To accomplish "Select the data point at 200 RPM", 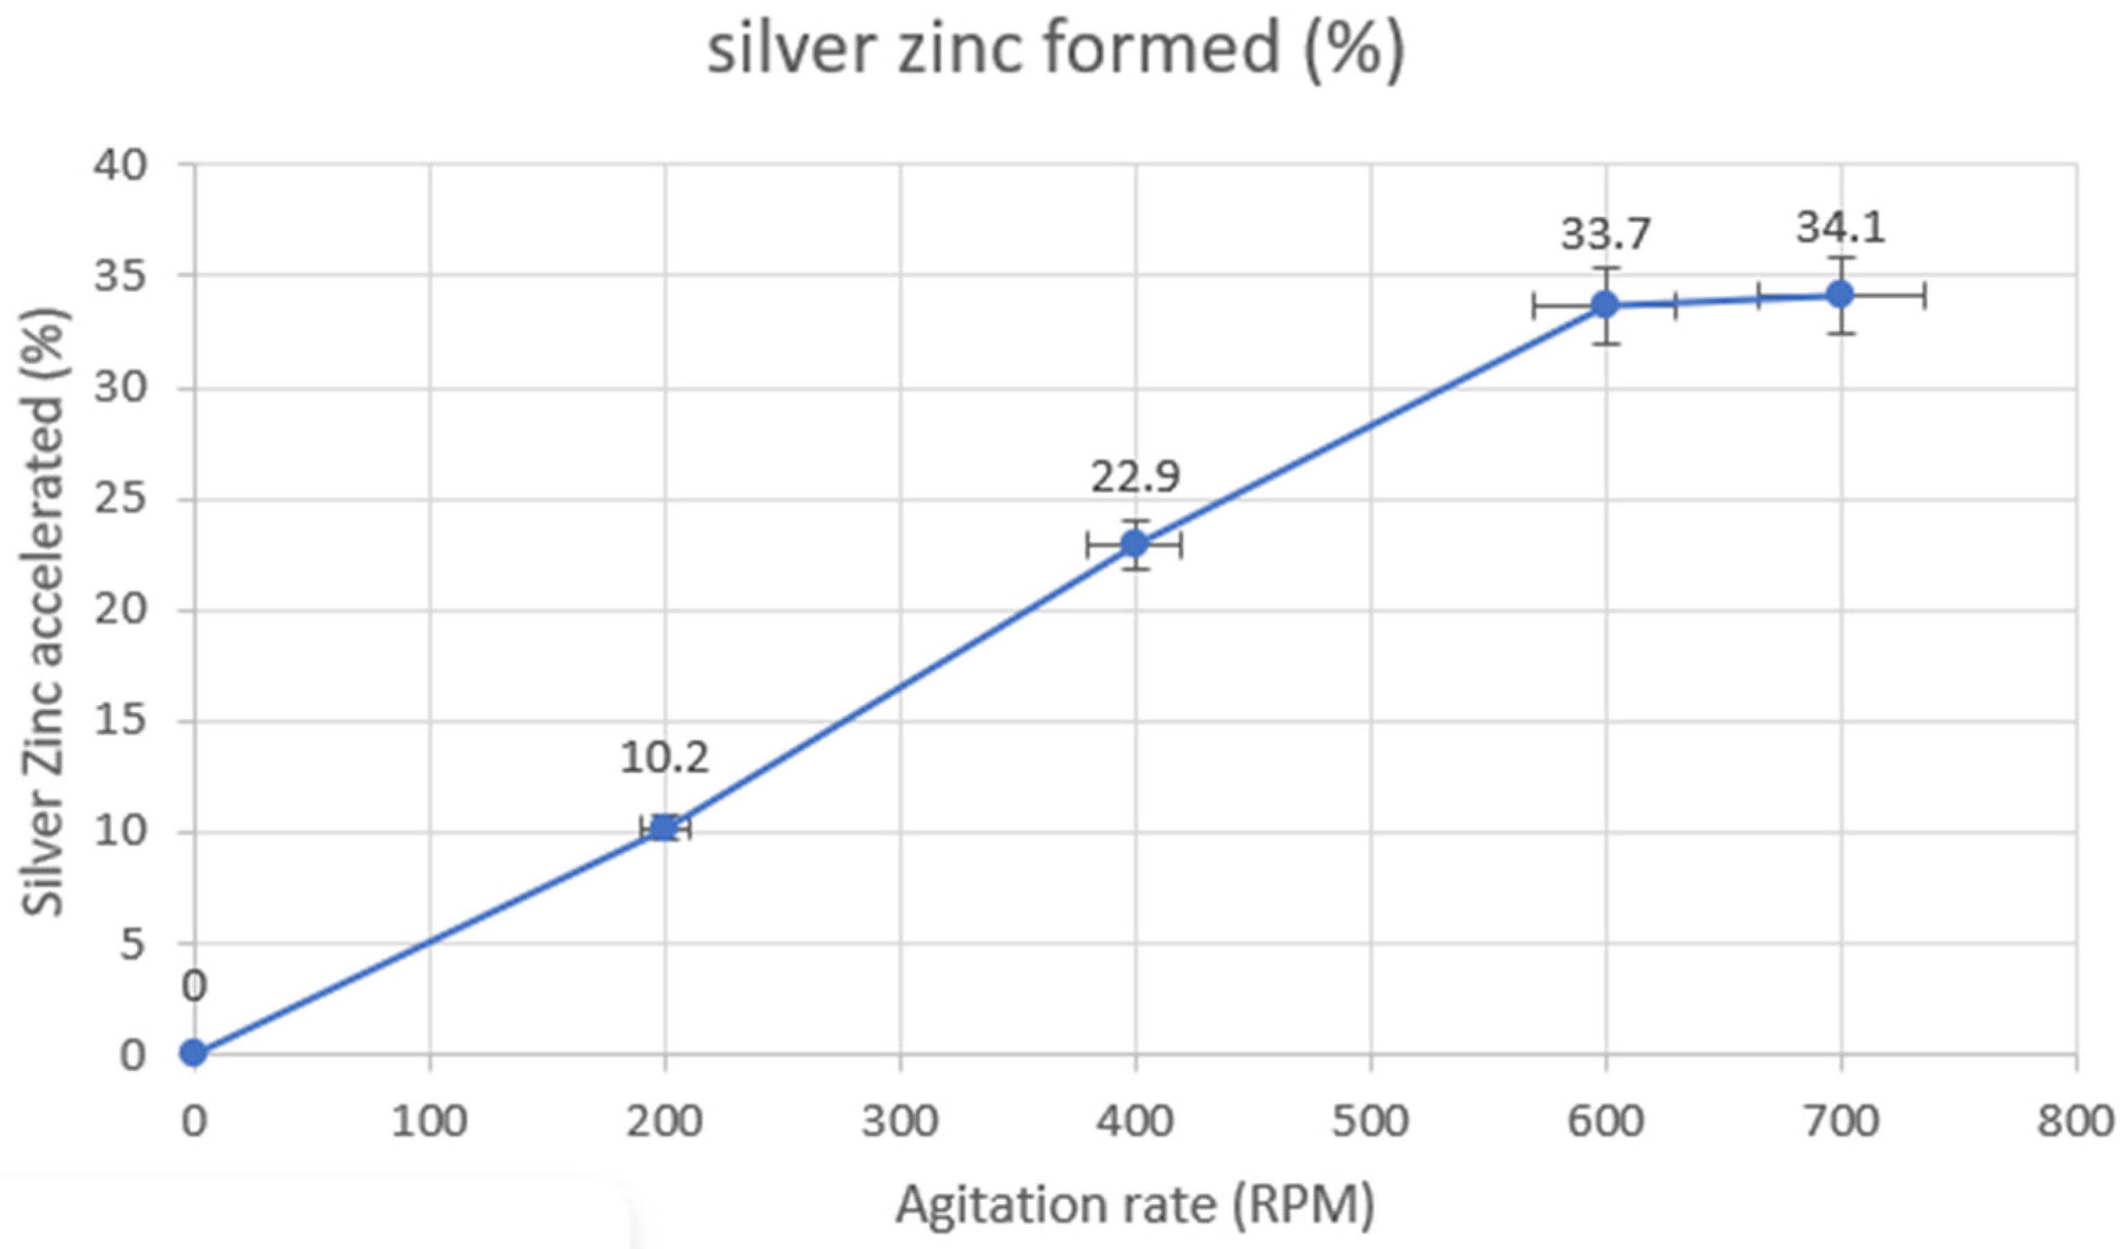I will tap(665, 828).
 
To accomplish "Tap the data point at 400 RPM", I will tap(1135, 545).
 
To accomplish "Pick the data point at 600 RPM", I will tap(1604, 304).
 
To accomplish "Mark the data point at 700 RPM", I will tap(1840, 295).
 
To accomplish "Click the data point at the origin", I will tap(194, 1052).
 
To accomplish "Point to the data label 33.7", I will tap(1604, 235).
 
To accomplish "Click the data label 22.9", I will tap(1135, 477).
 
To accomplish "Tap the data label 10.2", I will tap(665, 758).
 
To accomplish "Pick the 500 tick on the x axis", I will tap(1370, 1122).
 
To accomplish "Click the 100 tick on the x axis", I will tap(430, 1122).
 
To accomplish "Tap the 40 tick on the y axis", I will tap(120, 165).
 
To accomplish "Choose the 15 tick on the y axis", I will tap(120, 722).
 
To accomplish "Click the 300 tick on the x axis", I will tap(899, 1122).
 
